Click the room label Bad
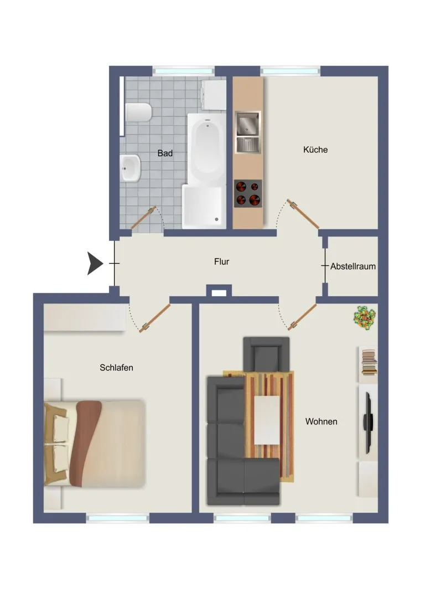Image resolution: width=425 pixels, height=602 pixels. pyautogui.click(x=165, y=153)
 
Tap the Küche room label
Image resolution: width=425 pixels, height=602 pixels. pyautogui.click(x=315, y=150)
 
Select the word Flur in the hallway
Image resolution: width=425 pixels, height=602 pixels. pyautogui.click(x=221, y=261)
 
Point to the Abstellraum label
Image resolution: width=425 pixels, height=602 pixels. pyautogui.click(x=353, y=266)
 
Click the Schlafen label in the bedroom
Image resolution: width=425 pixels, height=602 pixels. pyautogui.click(x=116, y=367)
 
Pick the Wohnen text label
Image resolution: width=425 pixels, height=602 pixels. pyautogui.click(x=321, y=421)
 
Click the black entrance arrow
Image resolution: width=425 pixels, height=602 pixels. pyautogui.click(x=95, y=264)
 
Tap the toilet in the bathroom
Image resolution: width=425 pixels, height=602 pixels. pyautogui.click(x=138, y=112)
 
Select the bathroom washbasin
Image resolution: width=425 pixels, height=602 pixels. pyautogui.click(x=131, y=168)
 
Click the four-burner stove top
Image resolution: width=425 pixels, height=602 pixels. pyautogui.click(x=248, y=193)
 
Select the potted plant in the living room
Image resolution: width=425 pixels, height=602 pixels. pyautogui.click(x=364, y=317)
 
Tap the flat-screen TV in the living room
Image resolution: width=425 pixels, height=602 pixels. pyautogui.click(x=369, y=423)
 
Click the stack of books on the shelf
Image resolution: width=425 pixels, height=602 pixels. pyautogui.click(x=369, y=362)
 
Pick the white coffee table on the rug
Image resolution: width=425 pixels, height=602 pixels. pyautogui.click(x=267, y=420)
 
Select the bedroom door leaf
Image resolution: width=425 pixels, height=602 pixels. pyautogui.click(x=156, y=318)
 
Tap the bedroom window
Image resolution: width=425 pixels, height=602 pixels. pyautogui.click(x=117, y=519)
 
